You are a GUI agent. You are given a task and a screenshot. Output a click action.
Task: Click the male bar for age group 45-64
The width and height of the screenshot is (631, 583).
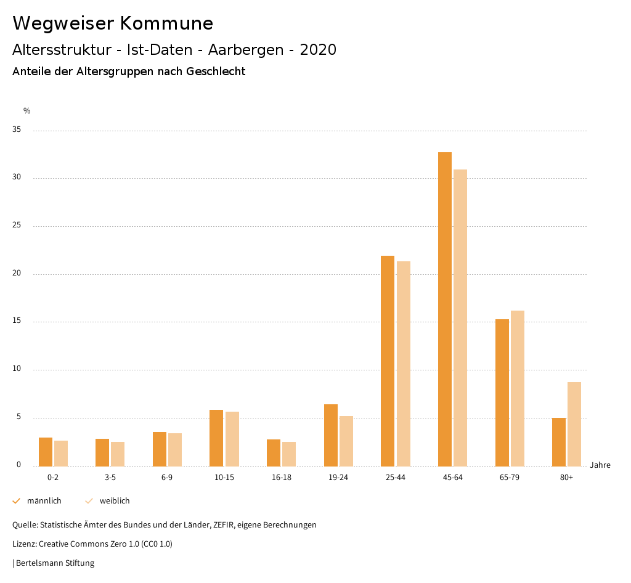pyautogui.click(x=444, y=309)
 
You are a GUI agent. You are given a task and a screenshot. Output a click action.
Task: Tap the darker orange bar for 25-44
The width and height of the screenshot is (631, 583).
pyautogui.click(x=388, y=361)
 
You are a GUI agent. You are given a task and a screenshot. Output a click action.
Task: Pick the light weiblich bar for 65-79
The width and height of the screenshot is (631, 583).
pyautogui.click(x=518, y=388)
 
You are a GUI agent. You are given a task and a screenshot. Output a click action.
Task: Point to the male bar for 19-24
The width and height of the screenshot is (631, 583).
pyautogui.click(x=331, y=435)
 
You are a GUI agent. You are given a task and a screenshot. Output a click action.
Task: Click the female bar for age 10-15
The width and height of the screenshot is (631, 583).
pyautogui.click(x=232, y=439)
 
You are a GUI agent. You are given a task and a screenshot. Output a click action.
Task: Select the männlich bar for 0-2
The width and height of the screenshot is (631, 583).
pyautogui.click(x=46, y=452)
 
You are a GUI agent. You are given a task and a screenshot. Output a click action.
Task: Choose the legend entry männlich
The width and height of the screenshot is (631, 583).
pyautogui.click(x=44, y=501)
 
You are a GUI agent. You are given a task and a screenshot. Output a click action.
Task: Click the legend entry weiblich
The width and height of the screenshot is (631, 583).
pyautogui.click(x=115, y=501)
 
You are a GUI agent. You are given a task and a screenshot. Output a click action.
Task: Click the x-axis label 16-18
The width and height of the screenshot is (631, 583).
pyautogui.click(x=282, y=478)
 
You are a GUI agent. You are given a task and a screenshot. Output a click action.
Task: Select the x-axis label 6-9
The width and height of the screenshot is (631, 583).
pyautogui.click(x=167, y=478)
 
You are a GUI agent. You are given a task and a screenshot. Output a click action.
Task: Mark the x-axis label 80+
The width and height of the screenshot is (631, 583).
pyautogui.click(x=567, y=478)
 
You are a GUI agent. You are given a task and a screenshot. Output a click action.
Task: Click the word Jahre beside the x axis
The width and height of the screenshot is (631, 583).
pyautogui.click(x=600, y=465)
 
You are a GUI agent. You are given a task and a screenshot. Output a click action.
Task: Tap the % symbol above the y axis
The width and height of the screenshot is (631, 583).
pyautogui.click(x=27, y=111)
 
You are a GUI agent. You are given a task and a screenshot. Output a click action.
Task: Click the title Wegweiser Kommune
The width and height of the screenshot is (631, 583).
pyautogui.click(x=113, y=23)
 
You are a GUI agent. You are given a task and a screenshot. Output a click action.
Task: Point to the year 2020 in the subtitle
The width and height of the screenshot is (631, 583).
pyautogui.click(x=318, y=50)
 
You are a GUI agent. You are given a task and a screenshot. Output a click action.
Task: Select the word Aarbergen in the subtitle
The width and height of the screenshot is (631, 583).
pyautogui.click(x=246, y=50)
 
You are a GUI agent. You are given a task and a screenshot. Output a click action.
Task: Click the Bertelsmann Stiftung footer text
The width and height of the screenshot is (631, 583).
pyautogui.click(x=55, y=563)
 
